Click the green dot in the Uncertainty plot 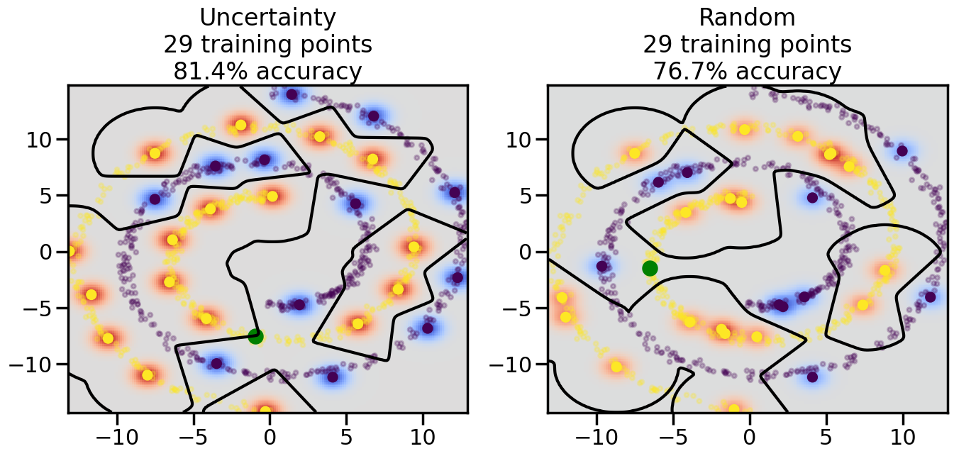click(256, 336)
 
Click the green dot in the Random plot click(650, 268)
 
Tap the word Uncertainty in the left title click(268, 17)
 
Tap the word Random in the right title click(748, 17)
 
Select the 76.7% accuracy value click(683, 72)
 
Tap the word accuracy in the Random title click(789, 72)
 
